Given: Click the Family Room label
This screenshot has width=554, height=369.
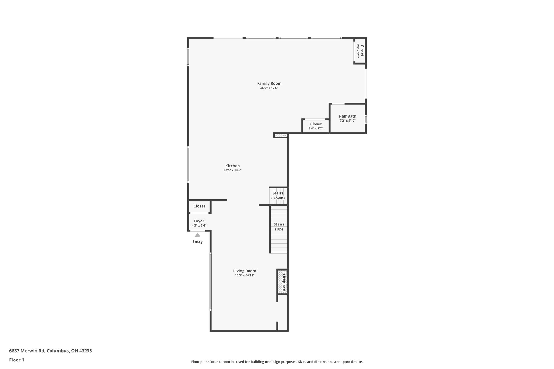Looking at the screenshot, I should coord(269,84).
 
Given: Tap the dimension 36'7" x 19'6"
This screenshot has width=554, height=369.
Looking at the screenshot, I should coord(269,88).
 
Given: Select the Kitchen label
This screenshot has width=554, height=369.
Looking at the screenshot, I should coord(233,166).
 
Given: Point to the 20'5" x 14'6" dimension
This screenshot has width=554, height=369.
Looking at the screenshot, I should coord(233,170).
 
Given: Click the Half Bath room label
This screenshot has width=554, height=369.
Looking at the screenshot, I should coord(348,116).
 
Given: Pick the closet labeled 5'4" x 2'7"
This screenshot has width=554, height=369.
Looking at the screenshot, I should coord(316,126).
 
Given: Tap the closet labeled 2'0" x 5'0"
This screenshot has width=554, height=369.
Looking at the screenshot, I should coord(360,51).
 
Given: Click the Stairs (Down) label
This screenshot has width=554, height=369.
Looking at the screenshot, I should coord(278,195).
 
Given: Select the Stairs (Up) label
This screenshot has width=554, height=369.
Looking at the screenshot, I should coord(279,227).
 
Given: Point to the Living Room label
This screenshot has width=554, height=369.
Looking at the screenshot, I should coord(245,271).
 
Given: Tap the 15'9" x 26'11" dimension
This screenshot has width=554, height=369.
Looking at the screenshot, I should coord(245,275).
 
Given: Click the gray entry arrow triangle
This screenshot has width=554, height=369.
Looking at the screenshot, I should coord(197,235).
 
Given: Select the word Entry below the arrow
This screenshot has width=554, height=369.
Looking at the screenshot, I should coord(197,242).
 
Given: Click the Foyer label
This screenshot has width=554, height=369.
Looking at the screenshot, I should coord(199,221).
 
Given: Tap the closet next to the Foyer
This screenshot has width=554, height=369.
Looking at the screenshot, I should coord(199,206).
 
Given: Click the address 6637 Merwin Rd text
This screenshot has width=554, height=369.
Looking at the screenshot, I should coord(51,351).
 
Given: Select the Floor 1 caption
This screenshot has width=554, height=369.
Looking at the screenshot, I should coord(17,360).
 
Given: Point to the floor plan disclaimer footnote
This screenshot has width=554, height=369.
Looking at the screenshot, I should coord(277,362).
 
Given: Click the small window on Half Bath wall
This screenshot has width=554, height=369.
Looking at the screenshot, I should coord(366,119).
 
